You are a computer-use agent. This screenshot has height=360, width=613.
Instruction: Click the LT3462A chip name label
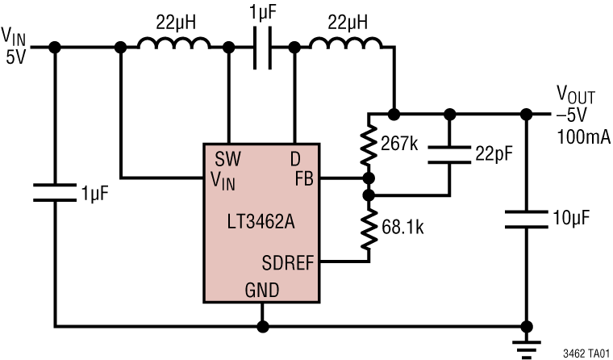(x=261, y=220)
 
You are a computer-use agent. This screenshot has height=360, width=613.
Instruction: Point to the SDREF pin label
(x=288, y=262)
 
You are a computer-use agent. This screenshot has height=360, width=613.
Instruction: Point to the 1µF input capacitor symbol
(x=55, y=195)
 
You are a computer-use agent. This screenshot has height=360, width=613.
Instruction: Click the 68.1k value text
(x=400, y=227)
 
